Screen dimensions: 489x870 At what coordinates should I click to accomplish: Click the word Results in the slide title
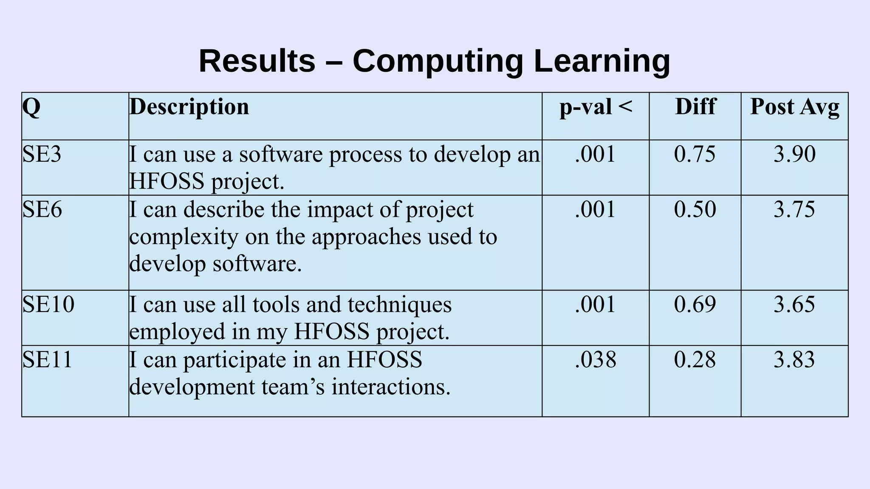pyautogui.click(x=257, y=61)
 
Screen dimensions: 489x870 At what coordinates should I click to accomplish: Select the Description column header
pyautogui.click(x=189, y=107)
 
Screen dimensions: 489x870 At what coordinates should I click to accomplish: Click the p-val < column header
pyautogui.click(x=596, y=107)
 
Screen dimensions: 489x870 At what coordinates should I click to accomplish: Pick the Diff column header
pyautogui.click(x=695, y=107)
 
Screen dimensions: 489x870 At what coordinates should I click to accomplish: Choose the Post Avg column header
pyautogui.click(x=794, y=107)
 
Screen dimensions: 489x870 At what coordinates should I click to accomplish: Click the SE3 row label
pyautogui.click(x=42, y=154)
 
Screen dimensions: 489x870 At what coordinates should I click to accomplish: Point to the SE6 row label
pyautogui.click(x=42, y=209)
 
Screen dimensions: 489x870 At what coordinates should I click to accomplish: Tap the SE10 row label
pyautogui.click(x=48, y=304)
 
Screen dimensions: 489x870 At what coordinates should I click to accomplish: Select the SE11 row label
pyautogui.click(x=47, y=360)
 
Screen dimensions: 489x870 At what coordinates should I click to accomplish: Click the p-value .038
pyautogui.click(x=595, y=360)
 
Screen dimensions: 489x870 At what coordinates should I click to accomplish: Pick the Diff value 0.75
pyautogui.click(x=695, y=154)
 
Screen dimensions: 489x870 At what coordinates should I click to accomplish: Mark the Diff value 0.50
pyautogui.click(x=695, y=209)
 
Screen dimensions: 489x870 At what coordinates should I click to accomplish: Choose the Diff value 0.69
pyautogui.click(x=695, y=304)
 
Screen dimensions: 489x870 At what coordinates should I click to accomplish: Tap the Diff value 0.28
pyautogui.click(x=695, y=360)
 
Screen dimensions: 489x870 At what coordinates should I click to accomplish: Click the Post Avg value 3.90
pyautogui.click(x=794, y=154)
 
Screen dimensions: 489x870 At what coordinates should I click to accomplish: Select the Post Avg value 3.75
pyautogui.click(x=794, y=209)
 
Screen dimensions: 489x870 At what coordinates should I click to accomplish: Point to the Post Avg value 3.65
pyautogui.click(x=794, y=304)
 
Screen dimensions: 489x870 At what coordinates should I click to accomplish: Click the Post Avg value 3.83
pyautogui.click(x=794, y=360)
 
